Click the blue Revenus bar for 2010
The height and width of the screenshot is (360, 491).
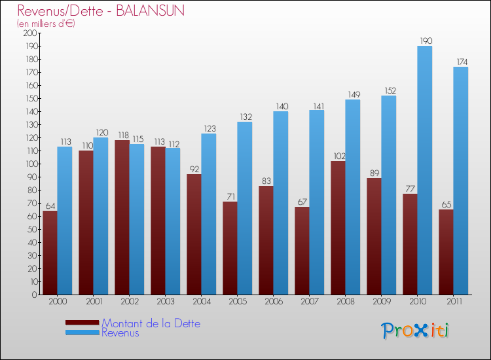click(424, 170)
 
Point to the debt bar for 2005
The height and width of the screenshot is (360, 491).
click(230, 248)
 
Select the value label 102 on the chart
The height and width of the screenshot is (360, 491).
click(338, 156)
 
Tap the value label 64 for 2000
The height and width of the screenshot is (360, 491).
click(50, 206)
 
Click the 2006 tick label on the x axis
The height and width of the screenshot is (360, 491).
click(273, 302)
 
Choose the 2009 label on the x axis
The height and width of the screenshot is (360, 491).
click(381, 302)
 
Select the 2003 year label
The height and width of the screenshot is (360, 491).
click(165, 302)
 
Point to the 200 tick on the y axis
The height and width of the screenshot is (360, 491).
click(30, 33)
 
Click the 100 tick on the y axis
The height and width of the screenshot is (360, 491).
click(30, 164)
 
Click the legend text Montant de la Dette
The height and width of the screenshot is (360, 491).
click(151, 323)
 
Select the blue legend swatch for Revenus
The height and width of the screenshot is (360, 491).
click(82, 333)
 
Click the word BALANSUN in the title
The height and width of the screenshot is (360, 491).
click(153, 11)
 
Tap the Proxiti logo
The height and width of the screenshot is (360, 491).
click(416, 331)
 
